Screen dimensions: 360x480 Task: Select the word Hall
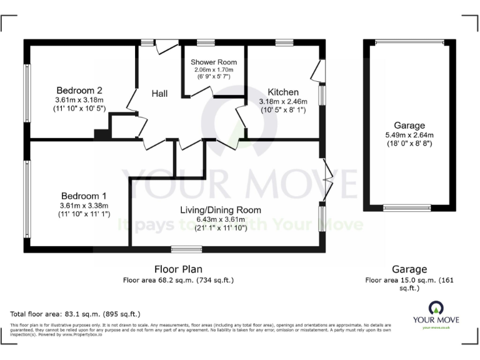click(x=159, y=94)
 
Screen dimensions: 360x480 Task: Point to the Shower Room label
click(x=214, y=62)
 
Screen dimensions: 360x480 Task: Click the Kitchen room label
click(x=283, y=92)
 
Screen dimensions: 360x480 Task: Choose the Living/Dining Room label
click(x=221, y=210)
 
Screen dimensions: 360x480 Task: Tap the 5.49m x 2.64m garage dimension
click(x=409, y=134)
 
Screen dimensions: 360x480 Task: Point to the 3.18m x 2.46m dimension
click(x=283, y=101)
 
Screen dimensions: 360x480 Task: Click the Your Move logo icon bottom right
click(x=436, y=307)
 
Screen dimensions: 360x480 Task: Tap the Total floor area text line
click(x=76, y=314)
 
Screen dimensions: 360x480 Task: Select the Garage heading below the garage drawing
click(x=409, y=269)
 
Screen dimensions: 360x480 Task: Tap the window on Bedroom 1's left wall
click(x=27, y=199)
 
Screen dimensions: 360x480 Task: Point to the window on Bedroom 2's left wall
click(x=27, y=93)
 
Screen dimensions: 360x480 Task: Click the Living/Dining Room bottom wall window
click(x=187, y=249)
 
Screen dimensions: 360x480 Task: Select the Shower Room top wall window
click(x=206, y=42)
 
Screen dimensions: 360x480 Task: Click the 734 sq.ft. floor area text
click(x=215, y=281)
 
